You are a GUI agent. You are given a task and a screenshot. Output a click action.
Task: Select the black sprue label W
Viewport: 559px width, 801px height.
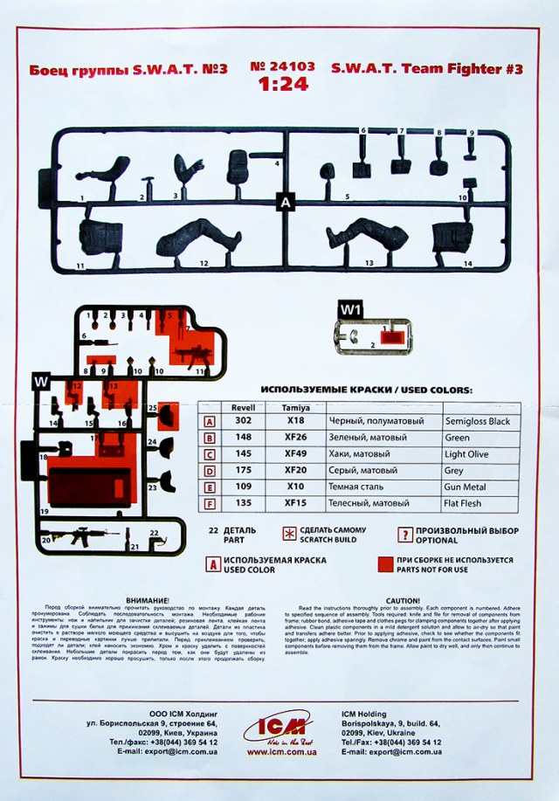(x=41, y=382)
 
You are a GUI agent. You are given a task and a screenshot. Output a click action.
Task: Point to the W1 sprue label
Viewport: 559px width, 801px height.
(x=350, y=309)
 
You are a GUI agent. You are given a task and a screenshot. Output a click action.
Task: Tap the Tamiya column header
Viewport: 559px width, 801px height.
(x=295, y=407)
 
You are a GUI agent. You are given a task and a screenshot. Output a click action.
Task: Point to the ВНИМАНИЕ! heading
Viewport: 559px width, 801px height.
(x=146, y=601)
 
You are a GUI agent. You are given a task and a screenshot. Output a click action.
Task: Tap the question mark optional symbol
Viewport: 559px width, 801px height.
(x=405, y=535)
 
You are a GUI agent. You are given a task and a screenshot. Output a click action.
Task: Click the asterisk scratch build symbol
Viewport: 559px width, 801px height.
(x=289, y=535)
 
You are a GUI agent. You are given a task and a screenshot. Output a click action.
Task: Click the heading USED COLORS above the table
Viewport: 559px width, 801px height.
(x=366, y=390)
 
